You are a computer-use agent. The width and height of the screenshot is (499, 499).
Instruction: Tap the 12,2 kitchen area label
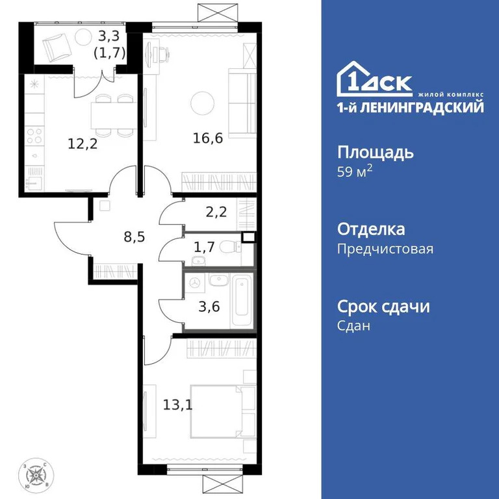tap(83, 144)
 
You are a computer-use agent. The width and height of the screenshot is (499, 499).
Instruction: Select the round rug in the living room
tap(203, 102)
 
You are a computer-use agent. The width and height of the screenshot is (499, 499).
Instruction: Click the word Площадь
tap(375, 153)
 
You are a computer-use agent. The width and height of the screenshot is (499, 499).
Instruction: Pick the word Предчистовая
tap(385, 249)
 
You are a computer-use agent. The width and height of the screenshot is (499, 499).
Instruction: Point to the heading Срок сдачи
tap(383, 306)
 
